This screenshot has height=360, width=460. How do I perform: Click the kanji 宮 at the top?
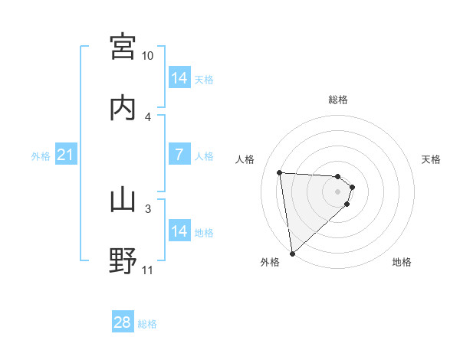click(123, 47)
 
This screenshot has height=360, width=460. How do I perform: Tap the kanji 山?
click(123, 201)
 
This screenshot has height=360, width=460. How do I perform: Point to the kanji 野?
click(123, 260)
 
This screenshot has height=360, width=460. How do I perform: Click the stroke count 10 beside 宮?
click(148, 56)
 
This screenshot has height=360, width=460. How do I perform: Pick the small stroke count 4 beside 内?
click(148, 116)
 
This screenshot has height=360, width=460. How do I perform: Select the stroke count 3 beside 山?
click(148, 208)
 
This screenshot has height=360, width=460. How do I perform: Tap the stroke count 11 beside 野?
click(148, 270)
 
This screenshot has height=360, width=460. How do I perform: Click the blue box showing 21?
click(66, 155)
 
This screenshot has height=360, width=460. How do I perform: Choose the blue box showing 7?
click(179, 155)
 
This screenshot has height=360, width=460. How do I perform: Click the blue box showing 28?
click(123, 322)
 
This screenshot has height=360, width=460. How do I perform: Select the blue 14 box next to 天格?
click(179, 78)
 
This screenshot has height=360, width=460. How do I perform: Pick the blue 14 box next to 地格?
click(179, 231)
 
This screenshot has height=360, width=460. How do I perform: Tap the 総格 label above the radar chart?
click(338, 100)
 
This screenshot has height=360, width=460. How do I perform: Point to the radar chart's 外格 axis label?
click(270, 263)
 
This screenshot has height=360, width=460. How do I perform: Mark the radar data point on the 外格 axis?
click(292, 252)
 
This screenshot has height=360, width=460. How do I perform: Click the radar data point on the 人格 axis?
click(280, 172)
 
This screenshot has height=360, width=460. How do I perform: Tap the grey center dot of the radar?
click(338, 191)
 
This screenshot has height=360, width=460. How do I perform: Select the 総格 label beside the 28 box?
click(147, 324)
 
